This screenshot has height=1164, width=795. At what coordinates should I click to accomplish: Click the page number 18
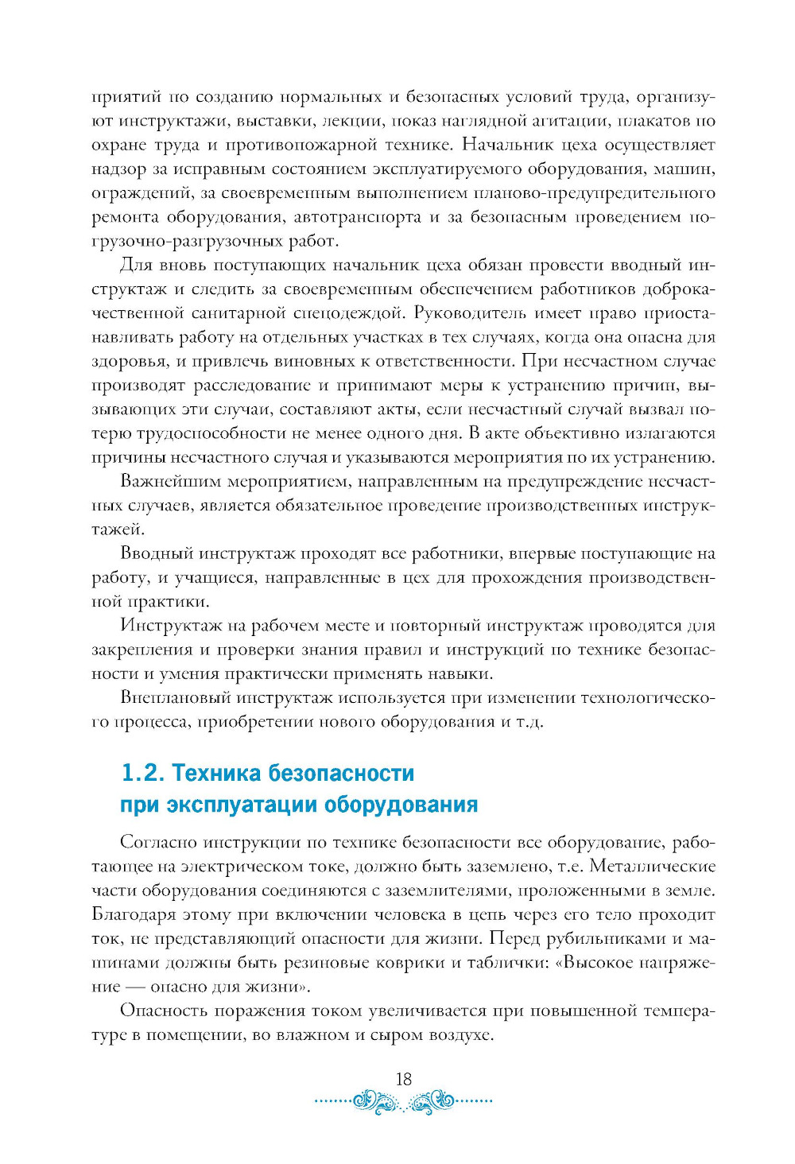click(x=404, y=1079)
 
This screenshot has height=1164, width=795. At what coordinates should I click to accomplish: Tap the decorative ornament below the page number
click(x=404, y=1102)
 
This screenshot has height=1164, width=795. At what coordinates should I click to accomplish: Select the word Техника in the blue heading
click(x=215, y=773)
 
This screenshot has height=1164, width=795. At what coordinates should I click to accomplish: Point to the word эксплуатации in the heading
click(x=242, y=805)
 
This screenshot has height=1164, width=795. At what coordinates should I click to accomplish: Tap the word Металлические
click(x=653, y=867)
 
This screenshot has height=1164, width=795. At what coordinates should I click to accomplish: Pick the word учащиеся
click(x=208, y=578)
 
